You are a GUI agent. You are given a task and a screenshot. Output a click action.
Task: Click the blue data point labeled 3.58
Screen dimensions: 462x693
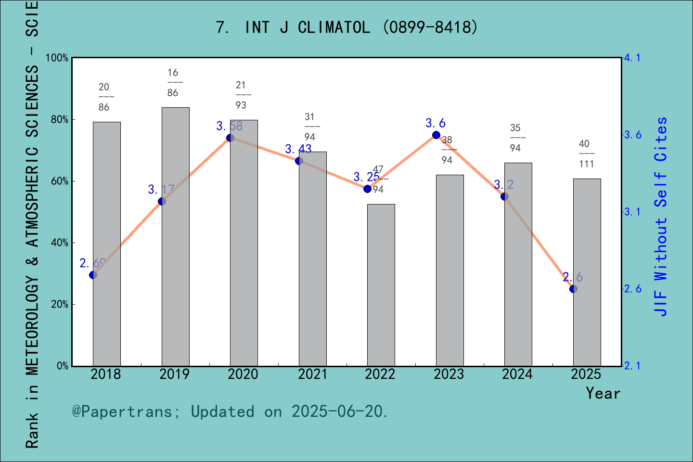[x=230, y=138]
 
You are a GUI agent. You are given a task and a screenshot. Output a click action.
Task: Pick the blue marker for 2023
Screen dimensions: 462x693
[x=436, y=135]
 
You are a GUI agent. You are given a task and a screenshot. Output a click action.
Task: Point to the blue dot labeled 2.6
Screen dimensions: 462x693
[x=573, y=289]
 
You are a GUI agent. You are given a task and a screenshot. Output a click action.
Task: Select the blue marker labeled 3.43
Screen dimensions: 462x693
[x=299, y=161]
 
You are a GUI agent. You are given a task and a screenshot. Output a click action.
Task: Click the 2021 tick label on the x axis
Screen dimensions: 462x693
[x=312, y=374]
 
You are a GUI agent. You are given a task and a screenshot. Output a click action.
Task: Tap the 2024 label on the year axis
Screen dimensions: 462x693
[x=517, y=374]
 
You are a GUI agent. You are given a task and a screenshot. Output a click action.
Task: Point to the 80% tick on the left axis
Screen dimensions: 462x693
[x=59, y=120]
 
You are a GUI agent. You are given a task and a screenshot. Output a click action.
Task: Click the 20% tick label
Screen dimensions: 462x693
[x=59, y=305]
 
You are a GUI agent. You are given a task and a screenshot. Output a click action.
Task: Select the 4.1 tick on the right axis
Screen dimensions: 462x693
[x=632, y=58]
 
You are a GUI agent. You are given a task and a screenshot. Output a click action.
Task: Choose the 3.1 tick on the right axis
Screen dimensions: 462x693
[x=632, y=212]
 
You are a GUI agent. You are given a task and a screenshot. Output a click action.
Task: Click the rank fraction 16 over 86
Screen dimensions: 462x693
[x=173, y=82]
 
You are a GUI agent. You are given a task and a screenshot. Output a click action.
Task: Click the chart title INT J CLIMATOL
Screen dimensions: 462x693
[x=346, y=27]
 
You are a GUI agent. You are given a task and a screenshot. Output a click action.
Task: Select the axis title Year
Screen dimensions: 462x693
[x=603, y=393]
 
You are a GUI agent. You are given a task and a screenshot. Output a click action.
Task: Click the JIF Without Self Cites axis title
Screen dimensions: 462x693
[x=661, y=217]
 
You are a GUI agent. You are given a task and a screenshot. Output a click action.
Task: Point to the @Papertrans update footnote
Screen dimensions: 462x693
[x=230, y=411]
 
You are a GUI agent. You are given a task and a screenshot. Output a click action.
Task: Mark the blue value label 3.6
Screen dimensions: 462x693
[x=435, y=123]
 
